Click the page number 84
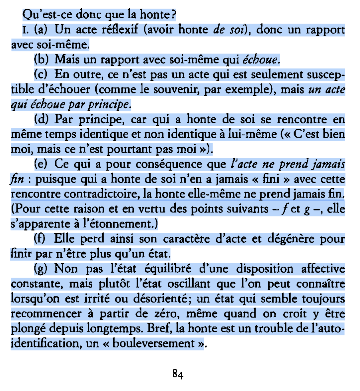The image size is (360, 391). (x=178, y=374)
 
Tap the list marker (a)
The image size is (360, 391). (x=41, y=30)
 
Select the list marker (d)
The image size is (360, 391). (x=41, y=119)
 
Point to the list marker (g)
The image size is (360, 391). (x=41, y=269)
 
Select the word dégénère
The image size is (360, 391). (x=286, y=239)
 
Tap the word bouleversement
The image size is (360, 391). (x=153, y=343)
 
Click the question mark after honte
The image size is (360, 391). (x=173, y=15)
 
